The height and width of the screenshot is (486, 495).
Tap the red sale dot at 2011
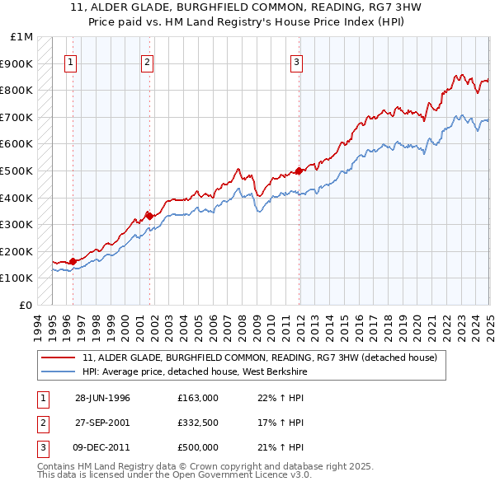click(298, 171)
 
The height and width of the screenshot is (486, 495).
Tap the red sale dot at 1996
click(73, 261)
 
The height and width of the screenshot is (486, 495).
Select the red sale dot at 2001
click(149, 216)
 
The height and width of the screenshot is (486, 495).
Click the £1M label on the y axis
click(21, 36)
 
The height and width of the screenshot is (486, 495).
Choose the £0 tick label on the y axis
click(26, 305)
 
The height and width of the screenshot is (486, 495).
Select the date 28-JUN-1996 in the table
click(102, 399)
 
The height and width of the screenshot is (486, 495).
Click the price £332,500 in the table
click(198, 423)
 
